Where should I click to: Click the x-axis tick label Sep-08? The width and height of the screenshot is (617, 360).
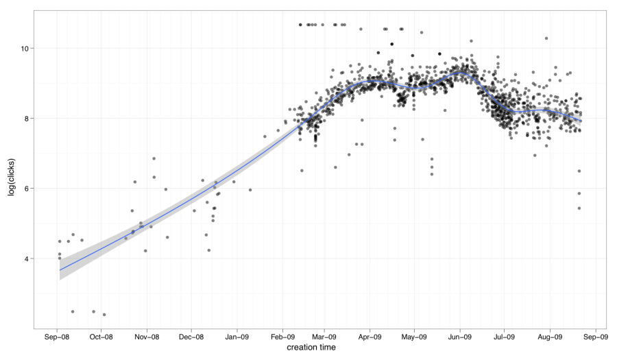[57, 337]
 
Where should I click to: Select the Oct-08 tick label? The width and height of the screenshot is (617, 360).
[101, 337]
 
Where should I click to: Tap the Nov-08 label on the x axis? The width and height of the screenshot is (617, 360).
[147, 337]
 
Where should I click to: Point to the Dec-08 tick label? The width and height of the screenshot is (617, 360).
[191, 337]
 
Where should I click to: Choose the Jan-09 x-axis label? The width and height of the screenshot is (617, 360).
[237, 337]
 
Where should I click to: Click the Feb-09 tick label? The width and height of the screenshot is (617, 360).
[282, 337]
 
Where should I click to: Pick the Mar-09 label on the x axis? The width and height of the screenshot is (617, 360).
[324, 337]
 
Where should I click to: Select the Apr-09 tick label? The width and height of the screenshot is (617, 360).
[370, 337]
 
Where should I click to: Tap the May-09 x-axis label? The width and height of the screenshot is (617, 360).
[414, 337]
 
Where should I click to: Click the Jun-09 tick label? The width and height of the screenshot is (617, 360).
[460, 337]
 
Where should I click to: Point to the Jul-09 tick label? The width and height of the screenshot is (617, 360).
[504, 337]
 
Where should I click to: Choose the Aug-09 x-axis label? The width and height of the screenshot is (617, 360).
[550, 337]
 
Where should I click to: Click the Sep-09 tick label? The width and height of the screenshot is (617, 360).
[595, 337]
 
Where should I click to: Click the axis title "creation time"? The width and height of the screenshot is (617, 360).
[311, 348]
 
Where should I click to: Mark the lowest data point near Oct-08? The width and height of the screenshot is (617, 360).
[104, 315]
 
